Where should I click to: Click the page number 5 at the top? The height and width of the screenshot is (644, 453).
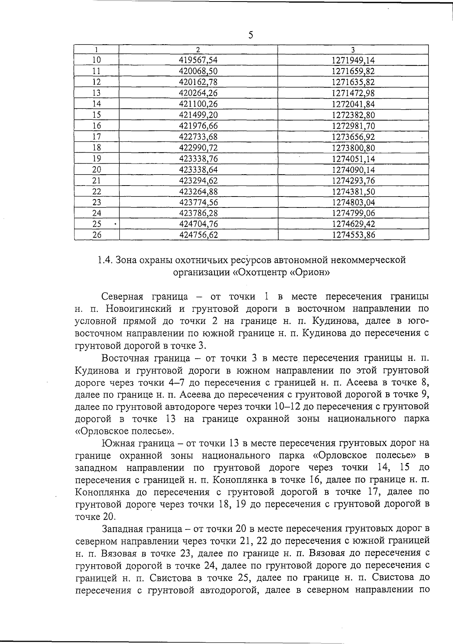(x=251, y=35)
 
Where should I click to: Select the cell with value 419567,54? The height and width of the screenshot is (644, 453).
(x=199, y=60)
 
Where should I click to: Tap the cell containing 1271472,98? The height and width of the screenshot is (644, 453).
(x=353, y=93)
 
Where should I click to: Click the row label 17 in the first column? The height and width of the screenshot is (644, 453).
(x=97, y=137)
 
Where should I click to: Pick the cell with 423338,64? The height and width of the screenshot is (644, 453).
(x=199, y=170)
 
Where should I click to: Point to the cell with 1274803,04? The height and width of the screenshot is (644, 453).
(x=353, y=203)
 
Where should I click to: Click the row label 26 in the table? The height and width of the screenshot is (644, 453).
(x=97, y=235)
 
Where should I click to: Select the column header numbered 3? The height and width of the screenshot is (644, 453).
(x=353, y=50)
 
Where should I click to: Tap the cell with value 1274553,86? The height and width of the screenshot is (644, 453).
(x=353, y=235)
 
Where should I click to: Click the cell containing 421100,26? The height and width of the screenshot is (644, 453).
(x=199, y=104)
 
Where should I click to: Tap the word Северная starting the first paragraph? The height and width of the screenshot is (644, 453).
(x=123, y=297)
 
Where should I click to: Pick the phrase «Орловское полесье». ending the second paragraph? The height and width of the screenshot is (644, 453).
(x=125, y=431)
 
